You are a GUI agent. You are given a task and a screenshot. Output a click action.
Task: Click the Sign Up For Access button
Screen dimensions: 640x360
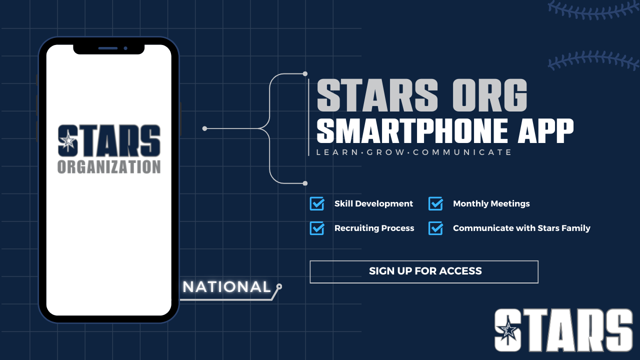click(424, 271)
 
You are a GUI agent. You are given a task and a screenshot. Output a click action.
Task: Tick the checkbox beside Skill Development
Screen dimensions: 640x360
click(317, 203)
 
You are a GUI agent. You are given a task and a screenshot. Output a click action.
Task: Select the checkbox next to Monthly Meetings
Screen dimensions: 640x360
click(435, 203)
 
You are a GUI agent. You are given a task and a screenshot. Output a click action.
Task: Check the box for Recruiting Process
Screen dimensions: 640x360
click(317, 228)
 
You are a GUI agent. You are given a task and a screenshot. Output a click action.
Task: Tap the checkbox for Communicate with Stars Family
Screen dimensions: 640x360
click(435, 228)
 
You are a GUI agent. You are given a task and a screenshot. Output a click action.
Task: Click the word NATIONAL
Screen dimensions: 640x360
click(226, 287)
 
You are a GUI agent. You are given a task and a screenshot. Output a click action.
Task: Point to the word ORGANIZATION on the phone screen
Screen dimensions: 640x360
click(109, 167)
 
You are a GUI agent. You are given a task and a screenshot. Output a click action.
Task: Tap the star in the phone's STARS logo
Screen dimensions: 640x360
click(68, 141)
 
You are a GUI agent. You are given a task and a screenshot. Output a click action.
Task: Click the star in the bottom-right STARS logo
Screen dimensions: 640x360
click(508, 330)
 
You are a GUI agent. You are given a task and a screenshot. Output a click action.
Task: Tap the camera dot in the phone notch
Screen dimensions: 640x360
click(125, 48)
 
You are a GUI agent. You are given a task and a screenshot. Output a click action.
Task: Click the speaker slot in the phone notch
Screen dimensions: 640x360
click(108, 48)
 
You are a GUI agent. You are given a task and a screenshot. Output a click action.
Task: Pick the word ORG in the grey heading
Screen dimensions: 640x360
click(489, 95)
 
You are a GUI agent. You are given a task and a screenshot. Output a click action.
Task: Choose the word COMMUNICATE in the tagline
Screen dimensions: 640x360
click(462, 152)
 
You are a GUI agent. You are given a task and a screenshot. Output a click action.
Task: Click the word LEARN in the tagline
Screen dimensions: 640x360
click(337, 152)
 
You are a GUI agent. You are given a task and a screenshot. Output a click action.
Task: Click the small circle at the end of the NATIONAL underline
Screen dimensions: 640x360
click(279, 286)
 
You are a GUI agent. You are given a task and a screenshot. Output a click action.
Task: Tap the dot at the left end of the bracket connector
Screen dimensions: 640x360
click(204, 128)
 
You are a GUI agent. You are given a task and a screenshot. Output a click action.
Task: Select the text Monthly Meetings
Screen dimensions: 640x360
click(491, 203)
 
